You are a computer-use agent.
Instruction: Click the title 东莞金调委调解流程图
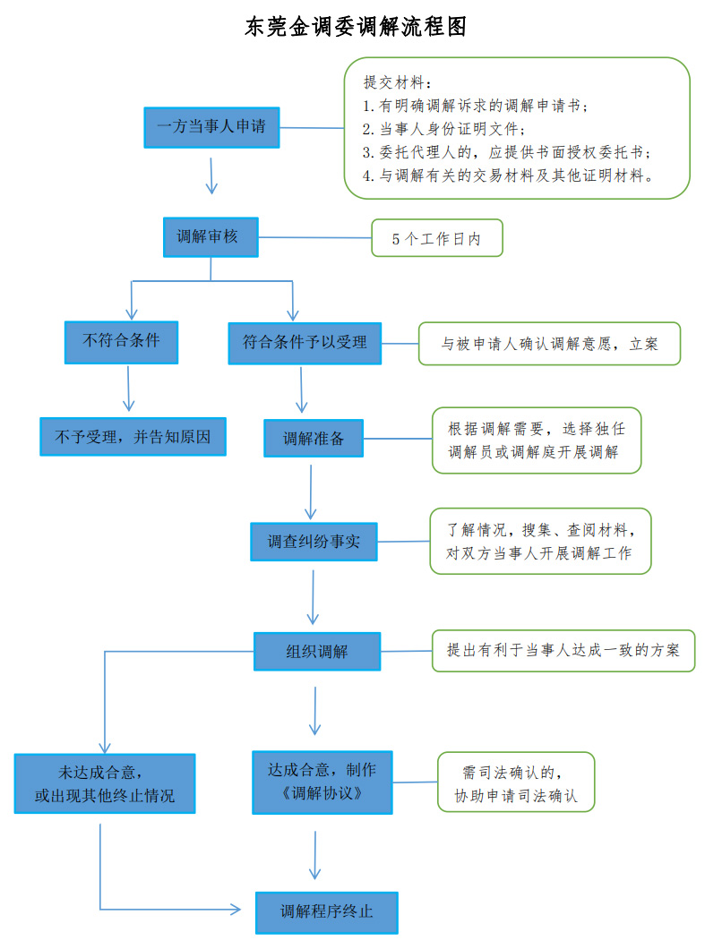tap(356, 27)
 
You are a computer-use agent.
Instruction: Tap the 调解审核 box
tap(211, 237)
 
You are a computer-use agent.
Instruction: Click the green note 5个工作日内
tap(436, 239)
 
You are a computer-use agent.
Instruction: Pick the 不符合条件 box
tap(121, 342)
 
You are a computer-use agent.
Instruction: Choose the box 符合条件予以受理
tap(305, 343)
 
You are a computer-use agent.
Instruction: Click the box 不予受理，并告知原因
tap(133, 436)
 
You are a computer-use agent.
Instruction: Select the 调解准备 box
tap(314, 439)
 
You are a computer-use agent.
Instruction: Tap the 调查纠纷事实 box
tap(314, 542)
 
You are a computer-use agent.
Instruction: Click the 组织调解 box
tap(316, 651)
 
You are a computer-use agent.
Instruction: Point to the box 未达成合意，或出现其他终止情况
tap(104, 783)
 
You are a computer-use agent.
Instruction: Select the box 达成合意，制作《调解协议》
tap(322, 782)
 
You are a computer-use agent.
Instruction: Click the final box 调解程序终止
tap(326, 912)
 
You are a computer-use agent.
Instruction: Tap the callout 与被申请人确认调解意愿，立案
tap(549, 344)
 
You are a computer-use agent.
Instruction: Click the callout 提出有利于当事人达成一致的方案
tap(563, 650)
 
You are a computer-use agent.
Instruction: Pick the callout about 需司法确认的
tap(515, 782)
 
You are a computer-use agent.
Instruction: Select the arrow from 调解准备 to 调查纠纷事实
tap(311, 491)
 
